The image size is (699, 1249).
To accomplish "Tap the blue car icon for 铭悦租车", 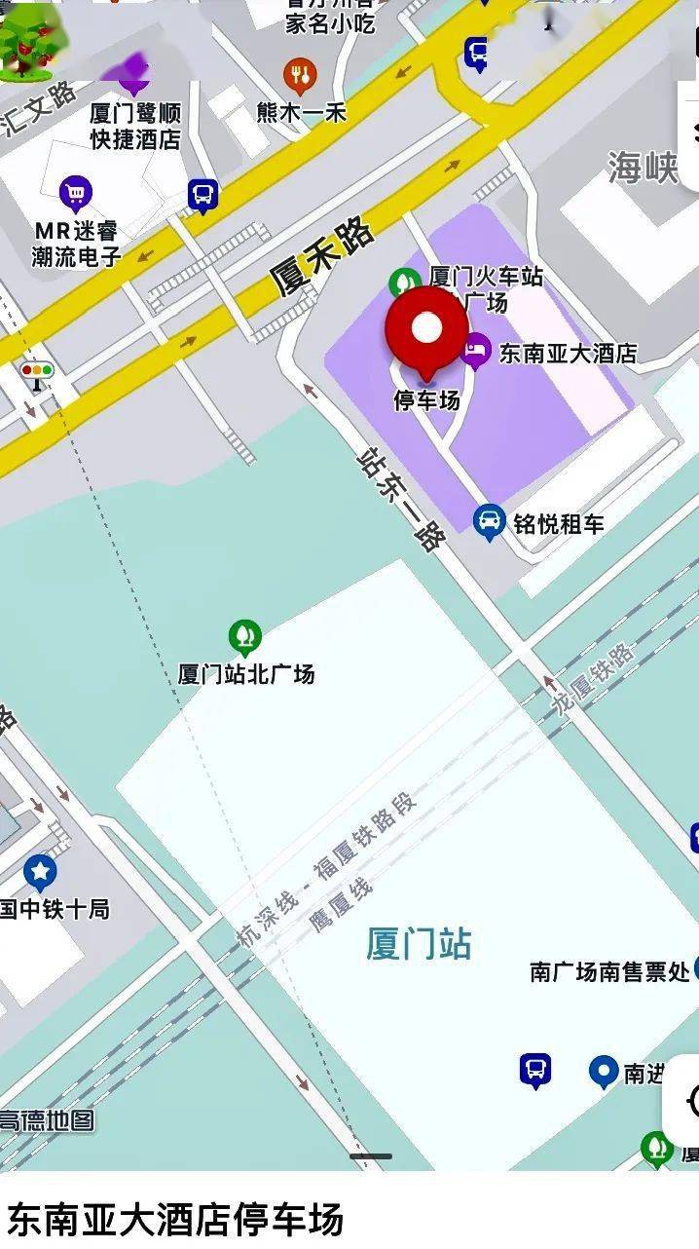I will click(489, 522).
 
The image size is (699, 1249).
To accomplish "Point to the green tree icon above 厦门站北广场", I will click(245, 638).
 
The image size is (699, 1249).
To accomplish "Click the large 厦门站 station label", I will click(419, 943).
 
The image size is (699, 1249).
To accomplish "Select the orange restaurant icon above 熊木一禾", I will click(300, 75).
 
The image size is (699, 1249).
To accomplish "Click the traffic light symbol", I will click(37, 373).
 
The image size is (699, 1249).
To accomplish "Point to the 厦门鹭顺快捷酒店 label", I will click(135, 126).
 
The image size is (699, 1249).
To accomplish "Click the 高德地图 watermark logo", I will click(47, 1120).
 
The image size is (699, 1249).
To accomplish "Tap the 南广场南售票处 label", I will click(609, 970).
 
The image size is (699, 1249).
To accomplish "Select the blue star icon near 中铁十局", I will click(40, 872).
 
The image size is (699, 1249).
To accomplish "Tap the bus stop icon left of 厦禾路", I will click(202, 196).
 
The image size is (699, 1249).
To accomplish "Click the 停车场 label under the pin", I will click(426, 399).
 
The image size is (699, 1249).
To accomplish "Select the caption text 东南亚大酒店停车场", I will click(176, 1219).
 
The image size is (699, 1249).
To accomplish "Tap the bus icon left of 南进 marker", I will click(534, 1070).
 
